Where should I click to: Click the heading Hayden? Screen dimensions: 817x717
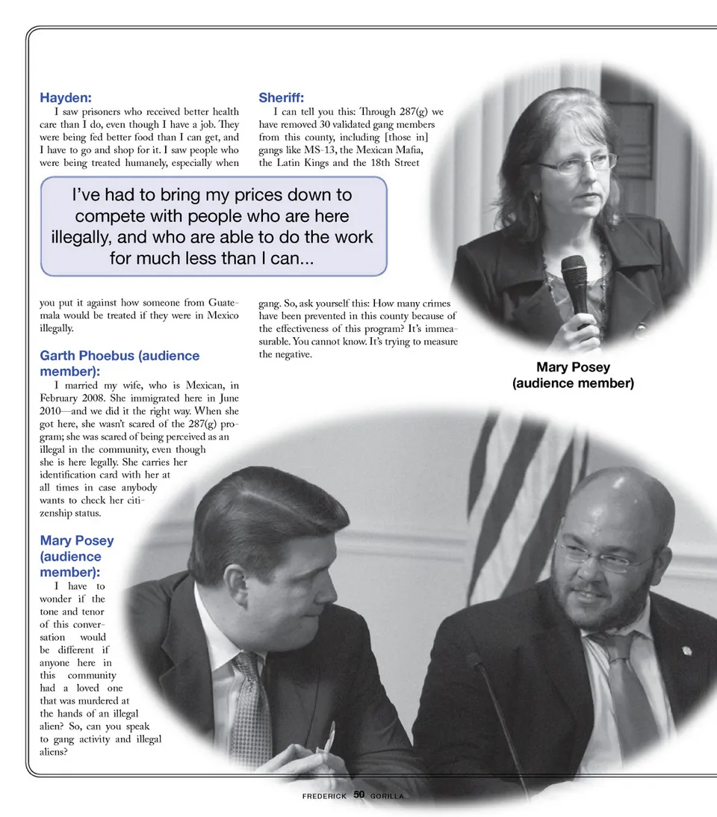(x=66, y=98)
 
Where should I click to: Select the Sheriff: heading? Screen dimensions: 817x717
(x=281, y=98)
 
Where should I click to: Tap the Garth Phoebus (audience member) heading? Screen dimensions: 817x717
(x=119, y=363)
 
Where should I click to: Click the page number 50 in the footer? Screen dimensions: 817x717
(x=358, y=795)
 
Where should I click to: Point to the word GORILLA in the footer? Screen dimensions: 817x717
(x=387, y=796)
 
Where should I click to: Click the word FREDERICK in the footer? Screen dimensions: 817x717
(x=324, y=796)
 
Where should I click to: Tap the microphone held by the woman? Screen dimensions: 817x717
(x=575, y=284)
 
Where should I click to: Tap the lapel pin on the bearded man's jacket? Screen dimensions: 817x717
(x=686, y=650)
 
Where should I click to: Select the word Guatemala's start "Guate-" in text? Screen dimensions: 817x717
(x=222, y=303)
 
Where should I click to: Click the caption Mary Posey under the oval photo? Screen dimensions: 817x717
(x=573, y=367)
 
